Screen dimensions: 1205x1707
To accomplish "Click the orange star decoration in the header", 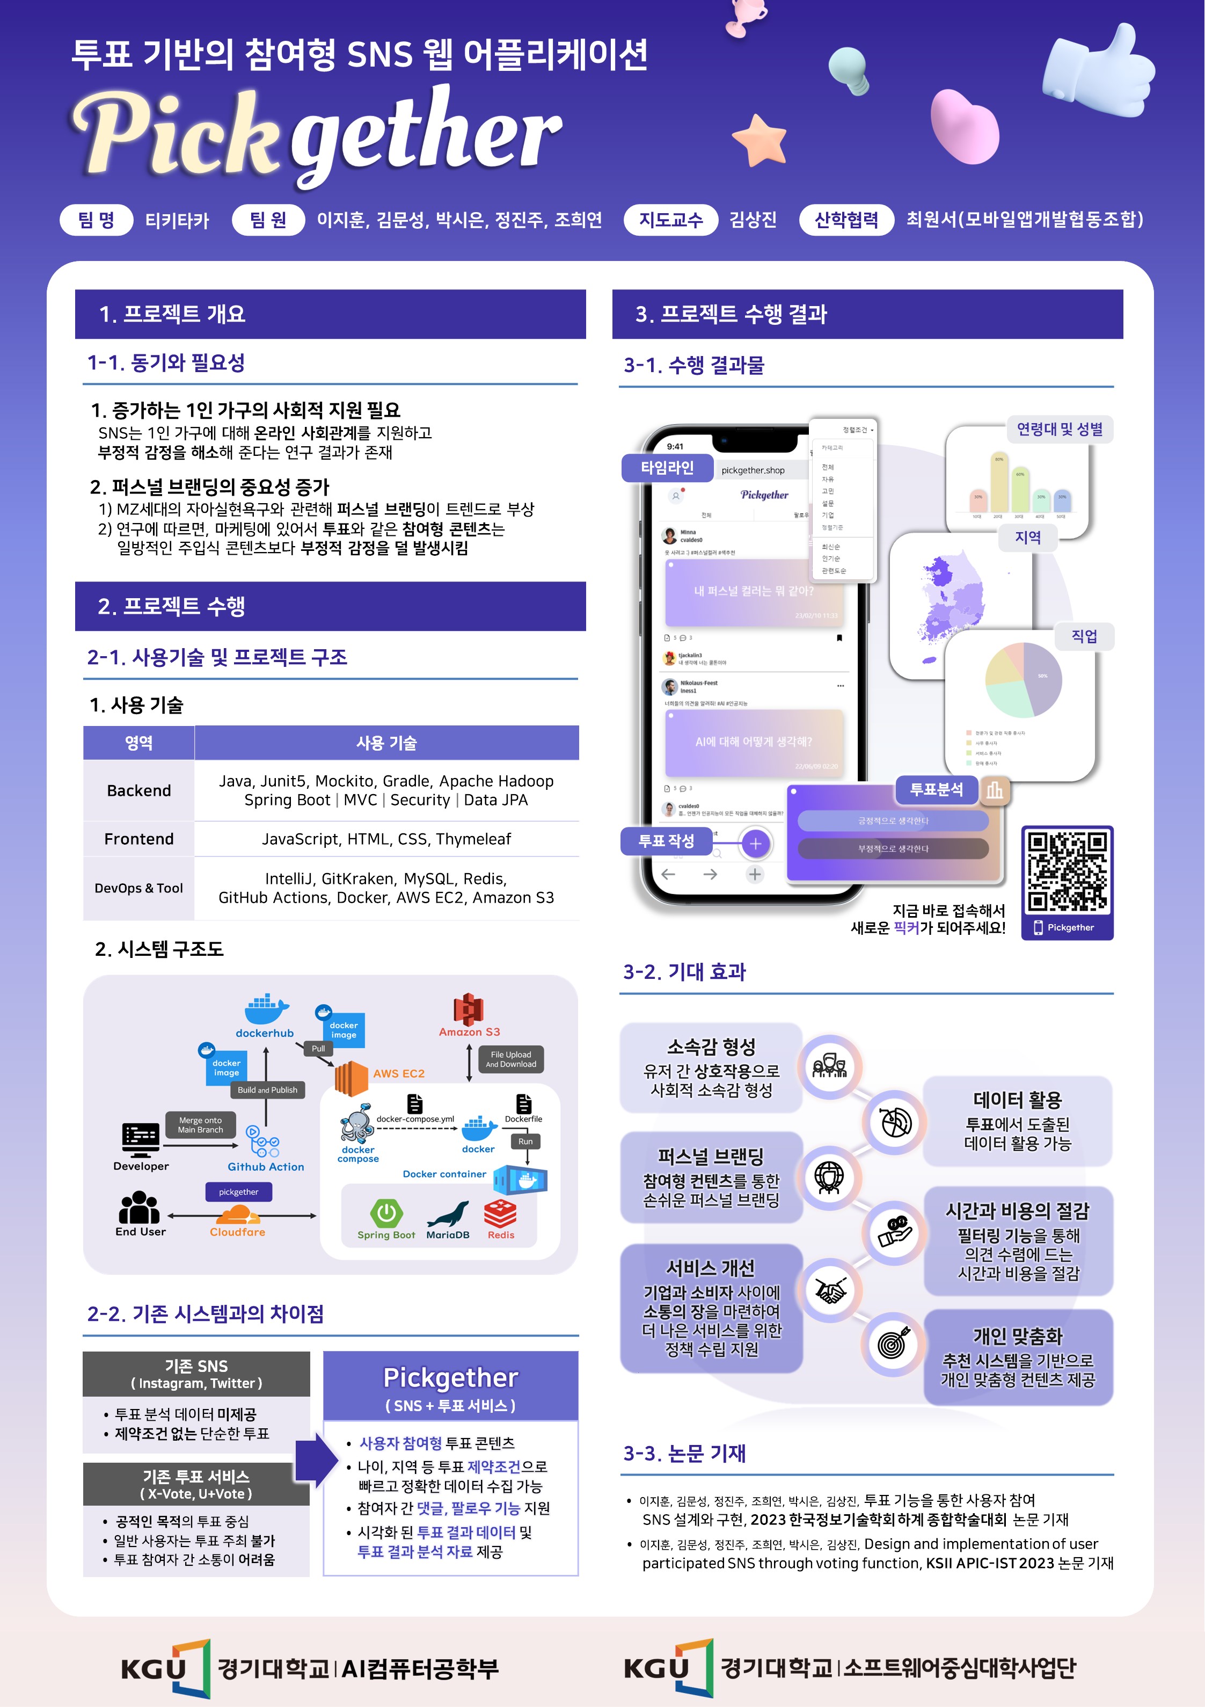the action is (758, 139).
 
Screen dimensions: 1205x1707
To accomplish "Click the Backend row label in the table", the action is (139, 790).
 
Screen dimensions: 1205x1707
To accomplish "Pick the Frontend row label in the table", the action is (139, 839).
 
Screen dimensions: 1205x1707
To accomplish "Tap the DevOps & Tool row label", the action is (139, 888).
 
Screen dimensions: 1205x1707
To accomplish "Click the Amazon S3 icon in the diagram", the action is (469, 1009).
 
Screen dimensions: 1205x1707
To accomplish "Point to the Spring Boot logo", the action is (386, 1214).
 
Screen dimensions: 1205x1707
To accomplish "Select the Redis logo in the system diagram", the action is (500, 1214).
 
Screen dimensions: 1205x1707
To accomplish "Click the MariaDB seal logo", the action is (448, 1214).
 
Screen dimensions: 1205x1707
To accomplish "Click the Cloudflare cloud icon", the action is (238, 1215).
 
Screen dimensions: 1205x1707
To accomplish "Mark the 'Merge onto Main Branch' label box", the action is (200, 1124).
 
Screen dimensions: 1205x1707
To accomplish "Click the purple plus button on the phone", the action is (755, 843).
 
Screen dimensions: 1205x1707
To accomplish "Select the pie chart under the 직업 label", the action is (1023, 680).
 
